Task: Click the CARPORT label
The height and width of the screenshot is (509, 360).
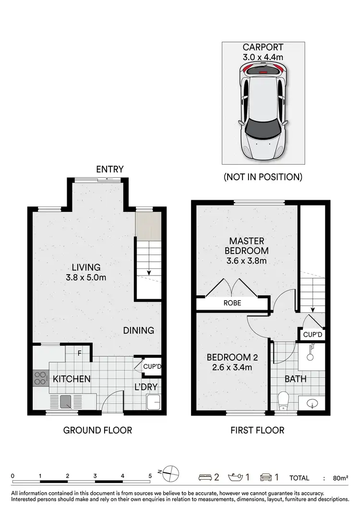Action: tap(263, 47)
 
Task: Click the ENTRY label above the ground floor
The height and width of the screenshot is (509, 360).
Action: tap(110, 169)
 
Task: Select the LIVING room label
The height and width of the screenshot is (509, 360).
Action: tap(86, 267)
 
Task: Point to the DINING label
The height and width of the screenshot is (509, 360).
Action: tap(138, 330)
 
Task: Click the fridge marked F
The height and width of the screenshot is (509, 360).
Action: tap(81, 354)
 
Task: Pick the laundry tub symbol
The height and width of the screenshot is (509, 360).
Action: tap(154, 402)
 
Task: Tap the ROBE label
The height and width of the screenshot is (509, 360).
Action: tap(232, 303)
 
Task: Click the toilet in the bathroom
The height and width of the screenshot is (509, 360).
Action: tap(283, 399)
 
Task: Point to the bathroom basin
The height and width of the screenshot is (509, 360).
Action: tap(312, 403)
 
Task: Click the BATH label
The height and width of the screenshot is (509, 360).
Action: tap(296, 379)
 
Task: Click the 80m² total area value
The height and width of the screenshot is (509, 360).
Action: tap(340, 478)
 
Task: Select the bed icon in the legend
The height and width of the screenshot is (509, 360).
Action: tap(205, 477)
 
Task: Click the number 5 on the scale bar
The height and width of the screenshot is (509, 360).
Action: tap(150, 476)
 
